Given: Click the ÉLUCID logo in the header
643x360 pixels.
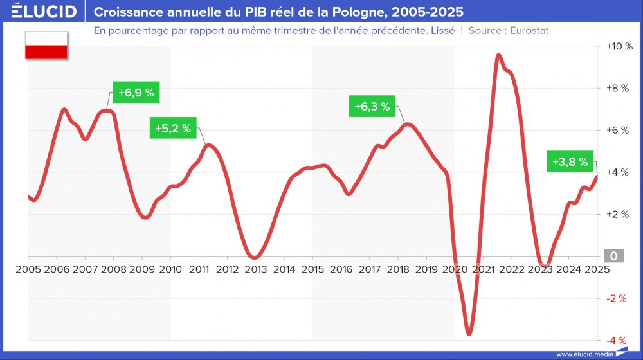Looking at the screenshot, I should click(x=44, y=12).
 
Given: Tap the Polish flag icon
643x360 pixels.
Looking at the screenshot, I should click(x=46, y=45).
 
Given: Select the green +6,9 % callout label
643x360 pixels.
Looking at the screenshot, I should click(x=136, y=93).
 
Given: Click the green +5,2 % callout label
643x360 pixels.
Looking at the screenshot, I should click(x=173, y=128).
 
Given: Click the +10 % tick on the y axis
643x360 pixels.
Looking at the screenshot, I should click(x=618, y=47).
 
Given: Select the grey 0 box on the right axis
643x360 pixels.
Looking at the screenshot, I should click(x=614, y=256).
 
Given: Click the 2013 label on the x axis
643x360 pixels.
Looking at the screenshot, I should click(x=255, y=269).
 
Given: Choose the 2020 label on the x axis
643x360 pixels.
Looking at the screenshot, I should click(x=455, y=269).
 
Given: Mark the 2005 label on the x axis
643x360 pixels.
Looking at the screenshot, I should click(x=28, y=269).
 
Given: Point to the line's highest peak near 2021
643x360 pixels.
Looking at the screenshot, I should click(x=498, y=56).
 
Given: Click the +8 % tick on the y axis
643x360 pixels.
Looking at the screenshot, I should click(x=618, y=89).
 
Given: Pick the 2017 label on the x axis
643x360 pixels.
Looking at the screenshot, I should click(x=369, y=269).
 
